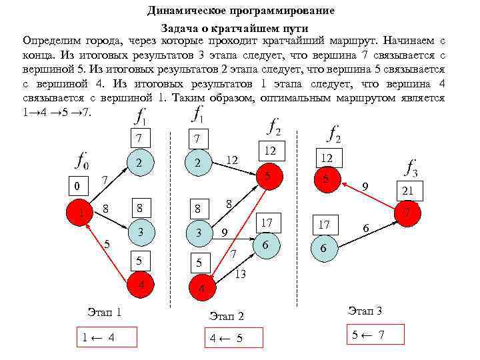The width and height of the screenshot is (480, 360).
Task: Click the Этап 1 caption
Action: click(104, 312)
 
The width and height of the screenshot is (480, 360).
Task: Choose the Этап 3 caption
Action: click(365, 311)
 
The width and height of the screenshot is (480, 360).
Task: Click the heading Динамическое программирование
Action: click(241, 11)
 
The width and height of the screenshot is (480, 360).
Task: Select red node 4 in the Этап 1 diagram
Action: click(140, 285)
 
